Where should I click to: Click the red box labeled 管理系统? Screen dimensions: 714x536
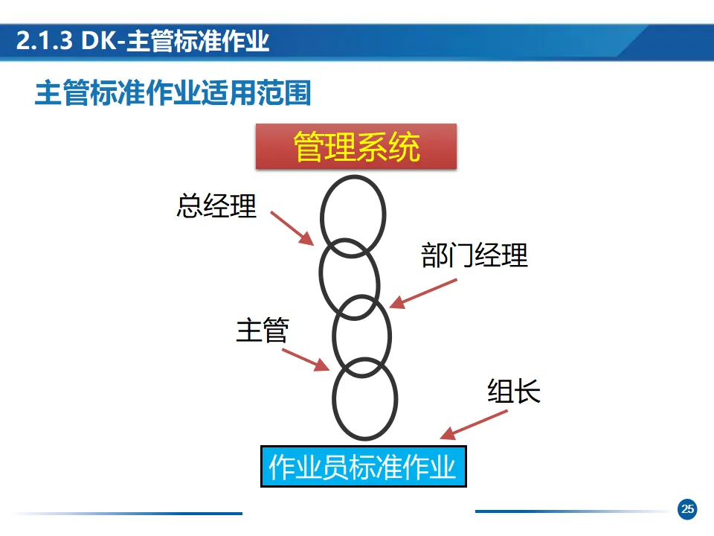(x=356, y=147)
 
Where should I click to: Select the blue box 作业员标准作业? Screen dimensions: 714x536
(x=363, y=467)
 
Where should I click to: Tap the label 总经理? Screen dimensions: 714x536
(x=216, y=206)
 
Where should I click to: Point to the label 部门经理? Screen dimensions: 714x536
(x=475, y=255)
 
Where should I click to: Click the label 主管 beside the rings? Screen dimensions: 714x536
(x=262, y=330)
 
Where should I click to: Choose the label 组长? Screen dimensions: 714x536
(x=514, y=391)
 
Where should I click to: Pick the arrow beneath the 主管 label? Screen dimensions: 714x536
(x=306, y=359)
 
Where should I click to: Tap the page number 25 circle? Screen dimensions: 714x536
(x=687, y=509)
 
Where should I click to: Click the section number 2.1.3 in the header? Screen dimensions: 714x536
(x=44, y=42)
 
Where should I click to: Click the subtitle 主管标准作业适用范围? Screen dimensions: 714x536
(x=173, y=95)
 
